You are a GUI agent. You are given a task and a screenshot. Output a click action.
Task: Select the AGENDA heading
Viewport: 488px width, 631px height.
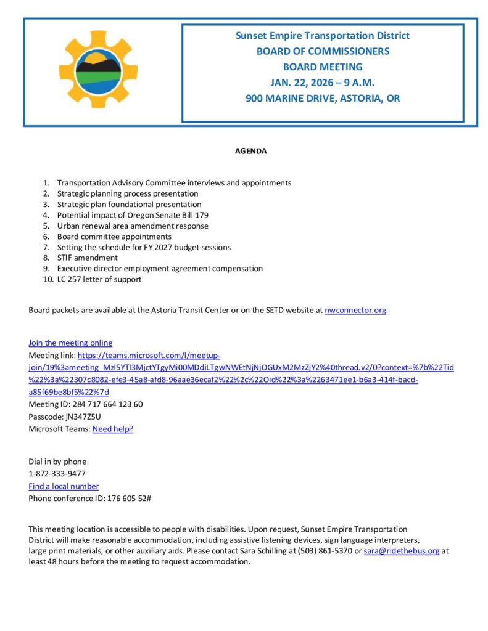tap(250, 151)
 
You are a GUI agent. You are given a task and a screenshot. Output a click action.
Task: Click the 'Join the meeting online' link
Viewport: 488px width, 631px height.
tap(70, 343)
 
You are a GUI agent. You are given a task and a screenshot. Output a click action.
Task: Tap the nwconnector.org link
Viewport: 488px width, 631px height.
tap(355, 310)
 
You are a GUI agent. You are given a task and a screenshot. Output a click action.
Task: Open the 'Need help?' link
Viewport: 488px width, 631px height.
tap(113, 429)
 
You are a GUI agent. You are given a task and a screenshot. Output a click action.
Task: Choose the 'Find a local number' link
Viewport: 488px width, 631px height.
tap(64, 486)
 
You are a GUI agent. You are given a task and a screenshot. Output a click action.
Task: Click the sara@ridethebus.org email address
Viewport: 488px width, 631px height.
tap(402, 551)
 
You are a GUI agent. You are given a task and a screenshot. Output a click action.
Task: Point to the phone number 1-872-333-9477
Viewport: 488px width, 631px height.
tap(57, 474)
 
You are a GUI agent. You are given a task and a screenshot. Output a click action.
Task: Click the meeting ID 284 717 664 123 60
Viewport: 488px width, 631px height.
tap(108, 404)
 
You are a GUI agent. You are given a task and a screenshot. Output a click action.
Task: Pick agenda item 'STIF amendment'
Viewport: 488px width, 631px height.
tap(87, 258)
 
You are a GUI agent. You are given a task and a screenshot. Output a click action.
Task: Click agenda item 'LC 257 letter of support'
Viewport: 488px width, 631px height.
tap(99, 279)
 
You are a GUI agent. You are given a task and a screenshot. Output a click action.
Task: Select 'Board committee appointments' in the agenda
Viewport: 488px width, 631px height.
tap(114, 237)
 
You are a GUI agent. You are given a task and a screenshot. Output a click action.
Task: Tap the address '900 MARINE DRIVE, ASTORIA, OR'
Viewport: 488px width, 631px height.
tap(323, 98)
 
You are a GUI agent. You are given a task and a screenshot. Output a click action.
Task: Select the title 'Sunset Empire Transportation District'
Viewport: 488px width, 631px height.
tap(323, 36)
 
